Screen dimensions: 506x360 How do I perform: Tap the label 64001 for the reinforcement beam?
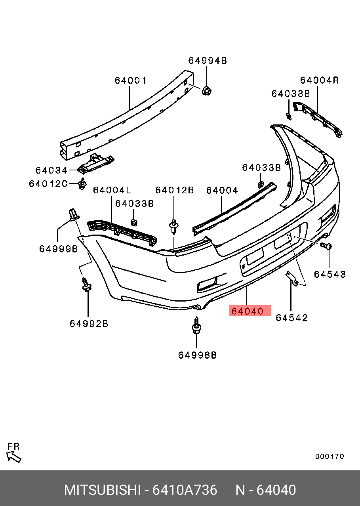pos(131,80)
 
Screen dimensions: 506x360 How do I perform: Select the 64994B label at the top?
pos(207,61)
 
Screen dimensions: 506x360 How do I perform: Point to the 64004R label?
pos(319,80)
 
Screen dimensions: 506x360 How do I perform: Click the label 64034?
pos(51,170)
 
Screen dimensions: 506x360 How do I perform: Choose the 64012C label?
pos(48,184)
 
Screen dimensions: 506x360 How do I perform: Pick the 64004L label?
pos(112,191)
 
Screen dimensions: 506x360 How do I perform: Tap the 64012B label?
pos(174,191)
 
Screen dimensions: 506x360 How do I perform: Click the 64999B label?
pos(59,249)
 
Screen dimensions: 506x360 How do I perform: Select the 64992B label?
pos(89,324)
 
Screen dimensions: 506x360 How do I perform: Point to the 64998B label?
pos(197,355)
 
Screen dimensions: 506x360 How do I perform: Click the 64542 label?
pos(291,318)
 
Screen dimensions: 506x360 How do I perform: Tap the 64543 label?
pos(330,274)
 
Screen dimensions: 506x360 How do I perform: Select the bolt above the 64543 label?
pos(327,246)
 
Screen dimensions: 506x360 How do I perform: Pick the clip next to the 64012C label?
pos(82,184)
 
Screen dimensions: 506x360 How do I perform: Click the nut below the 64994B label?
pos(206,91)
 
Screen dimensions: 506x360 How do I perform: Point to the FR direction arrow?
pos(14,456)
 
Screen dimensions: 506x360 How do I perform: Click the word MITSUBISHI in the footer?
pos(102,490)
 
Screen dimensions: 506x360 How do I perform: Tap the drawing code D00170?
pos(330,456)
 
